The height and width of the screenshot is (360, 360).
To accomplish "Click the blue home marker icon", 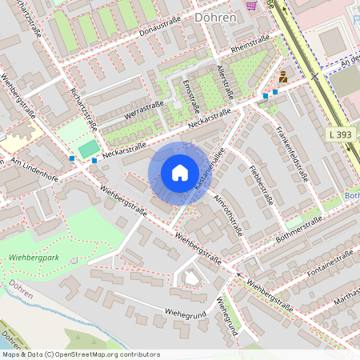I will coord(180,172).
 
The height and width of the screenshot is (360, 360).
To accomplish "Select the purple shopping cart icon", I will coord(252,5).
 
